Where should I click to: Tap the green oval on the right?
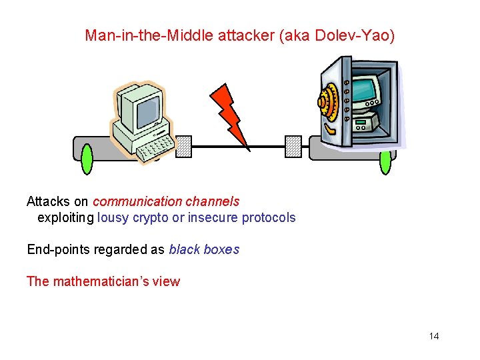(385, 159)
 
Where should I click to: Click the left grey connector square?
(183, 146)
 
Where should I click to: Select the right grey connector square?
(293, 146)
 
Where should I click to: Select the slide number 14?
(434, 336)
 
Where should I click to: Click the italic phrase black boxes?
(204, 249)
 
